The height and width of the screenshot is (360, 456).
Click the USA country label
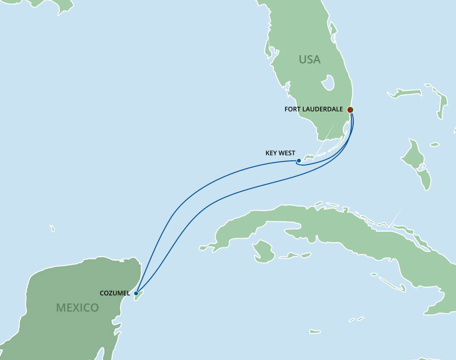point(310,60)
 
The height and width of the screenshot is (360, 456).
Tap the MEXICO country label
point(77,308)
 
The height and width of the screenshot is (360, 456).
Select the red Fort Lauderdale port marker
point(350,109)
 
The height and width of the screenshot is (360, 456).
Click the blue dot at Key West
point(299,161)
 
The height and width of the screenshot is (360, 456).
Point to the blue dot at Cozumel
point(136,293)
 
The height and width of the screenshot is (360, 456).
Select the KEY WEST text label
point(280,153)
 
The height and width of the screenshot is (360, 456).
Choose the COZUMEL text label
point(114,293)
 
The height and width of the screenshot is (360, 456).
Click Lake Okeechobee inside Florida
point(328,83)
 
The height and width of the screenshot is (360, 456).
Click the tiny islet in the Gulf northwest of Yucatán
point(52,229)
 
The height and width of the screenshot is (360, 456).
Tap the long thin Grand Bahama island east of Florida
point(405,92)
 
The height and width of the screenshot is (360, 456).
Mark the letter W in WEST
point(283,153)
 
